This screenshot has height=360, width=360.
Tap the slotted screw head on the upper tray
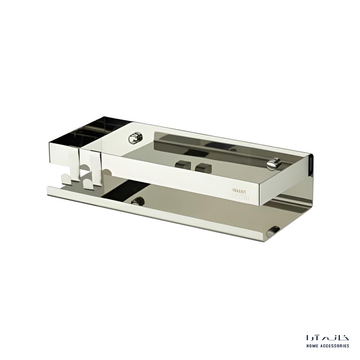click(274, 164)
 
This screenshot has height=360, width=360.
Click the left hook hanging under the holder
click(67, 178)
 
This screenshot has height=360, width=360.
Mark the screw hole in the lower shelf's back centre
click(138, 201)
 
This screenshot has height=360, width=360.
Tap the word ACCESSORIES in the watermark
click(335, 346)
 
